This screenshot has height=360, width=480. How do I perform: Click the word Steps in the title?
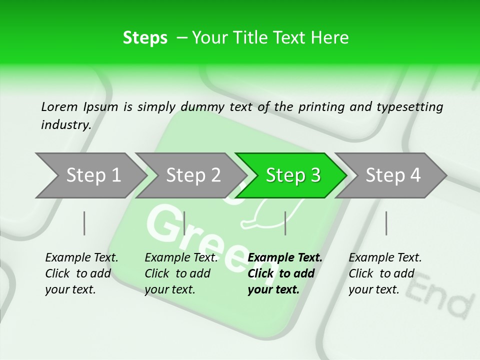[145, 38]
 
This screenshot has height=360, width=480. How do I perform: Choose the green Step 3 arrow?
[293, 175]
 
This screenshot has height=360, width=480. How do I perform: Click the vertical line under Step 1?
[84, 223]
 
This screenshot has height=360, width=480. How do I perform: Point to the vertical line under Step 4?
[386, 223]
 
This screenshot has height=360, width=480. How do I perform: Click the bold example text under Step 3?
[284, 273]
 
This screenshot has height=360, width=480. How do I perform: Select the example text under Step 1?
[81, 273]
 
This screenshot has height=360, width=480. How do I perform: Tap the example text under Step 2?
[181, 273]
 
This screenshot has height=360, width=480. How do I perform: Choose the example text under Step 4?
[385, 273]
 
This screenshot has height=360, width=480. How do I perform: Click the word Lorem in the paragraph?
[59, 106]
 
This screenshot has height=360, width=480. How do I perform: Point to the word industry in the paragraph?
[65, 124]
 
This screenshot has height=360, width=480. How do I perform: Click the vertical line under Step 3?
[285, 223]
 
